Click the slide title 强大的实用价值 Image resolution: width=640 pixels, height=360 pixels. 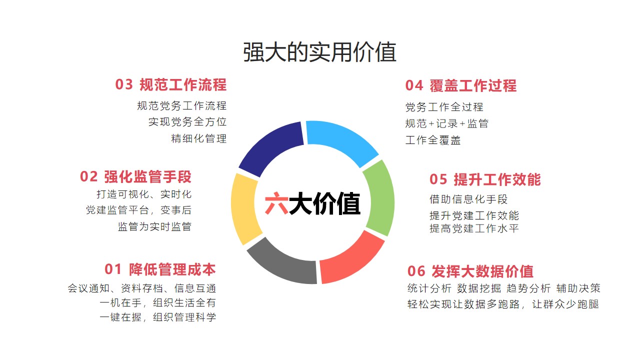(319, 52)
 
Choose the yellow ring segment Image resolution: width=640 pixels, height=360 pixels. (244, 208)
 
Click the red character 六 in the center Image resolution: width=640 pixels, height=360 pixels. (276, 203)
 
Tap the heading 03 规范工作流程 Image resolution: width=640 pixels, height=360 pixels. (171, 85)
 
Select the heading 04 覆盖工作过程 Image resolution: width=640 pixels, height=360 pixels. (461, 85)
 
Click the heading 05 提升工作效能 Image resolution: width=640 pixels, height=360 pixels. (485, 179)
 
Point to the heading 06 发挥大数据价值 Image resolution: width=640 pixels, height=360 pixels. (470, 271)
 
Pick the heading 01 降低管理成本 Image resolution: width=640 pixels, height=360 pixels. (160, 269)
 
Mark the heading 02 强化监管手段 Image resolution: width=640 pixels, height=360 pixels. (135, 177)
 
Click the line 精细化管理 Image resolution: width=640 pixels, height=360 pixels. (199, 139)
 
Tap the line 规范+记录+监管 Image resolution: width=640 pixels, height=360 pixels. (447, 123)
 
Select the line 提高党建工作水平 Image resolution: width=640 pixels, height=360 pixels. (474, 228)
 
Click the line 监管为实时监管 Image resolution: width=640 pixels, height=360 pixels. (154, 227)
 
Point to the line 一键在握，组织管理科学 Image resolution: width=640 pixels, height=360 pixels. (157, 317)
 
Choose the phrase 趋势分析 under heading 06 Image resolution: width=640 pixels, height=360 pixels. (528, 288)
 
